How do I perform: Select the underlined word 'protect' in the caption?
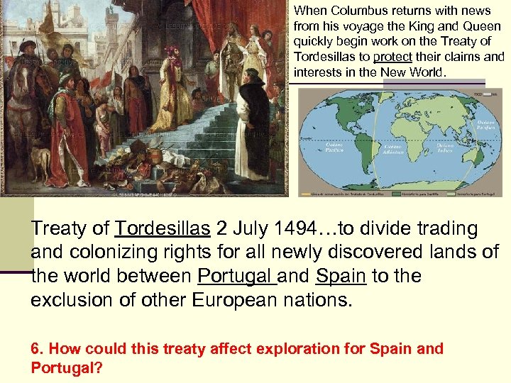point(388,57)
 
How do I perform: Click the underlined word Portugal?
point(236,276)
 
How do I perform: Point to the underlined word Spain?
point(341,276)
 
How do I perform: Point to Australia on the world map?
point(476,157)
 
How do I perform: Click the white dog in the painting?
point(43,162)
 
